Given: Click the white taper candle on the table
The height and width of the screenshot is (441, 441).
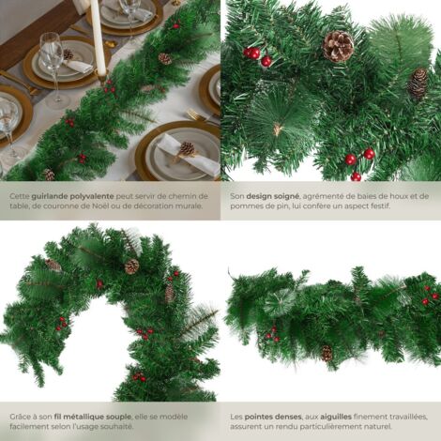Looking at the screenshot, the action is coord(98,38).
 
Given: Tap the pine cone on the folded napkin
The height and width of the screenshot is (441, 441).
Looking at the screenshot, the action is coord(187,148).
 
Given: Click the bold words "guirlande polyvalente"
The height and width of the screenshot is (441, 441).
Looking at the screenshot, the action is coord(72,196).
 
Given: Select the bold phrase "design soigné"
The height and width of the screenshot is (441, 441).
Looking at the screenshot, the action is coord(273,196).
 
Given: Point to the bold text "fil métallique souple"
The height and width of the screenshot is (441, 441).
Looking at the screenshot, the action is coord(93,417).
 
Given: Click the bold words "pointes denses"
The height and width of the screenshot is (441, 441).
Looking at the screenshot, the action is coord(273,417).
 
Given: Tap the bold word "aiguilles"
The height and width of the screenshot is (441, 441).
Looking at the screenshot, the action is coord(336,417).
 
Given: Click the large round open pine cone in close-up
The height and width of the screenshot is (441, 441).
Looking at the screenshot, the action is coord(338,46).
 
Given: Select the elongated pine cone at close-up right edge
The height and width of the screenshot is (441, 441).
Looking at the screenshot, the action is coord(418,84).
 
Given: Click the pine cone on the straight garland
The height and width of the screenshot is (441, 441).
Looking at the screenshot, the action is coord(327,354).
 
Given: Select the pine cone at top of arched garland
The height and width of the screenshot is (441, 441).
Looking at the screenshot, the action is coord(132,266).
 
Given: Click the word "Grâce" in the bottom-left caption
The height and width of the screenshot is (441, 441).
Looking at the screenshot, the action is coord(20,417).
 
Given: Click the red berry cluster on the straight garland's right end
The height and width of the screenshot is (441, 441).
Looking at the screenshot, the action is coord(430,295).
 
